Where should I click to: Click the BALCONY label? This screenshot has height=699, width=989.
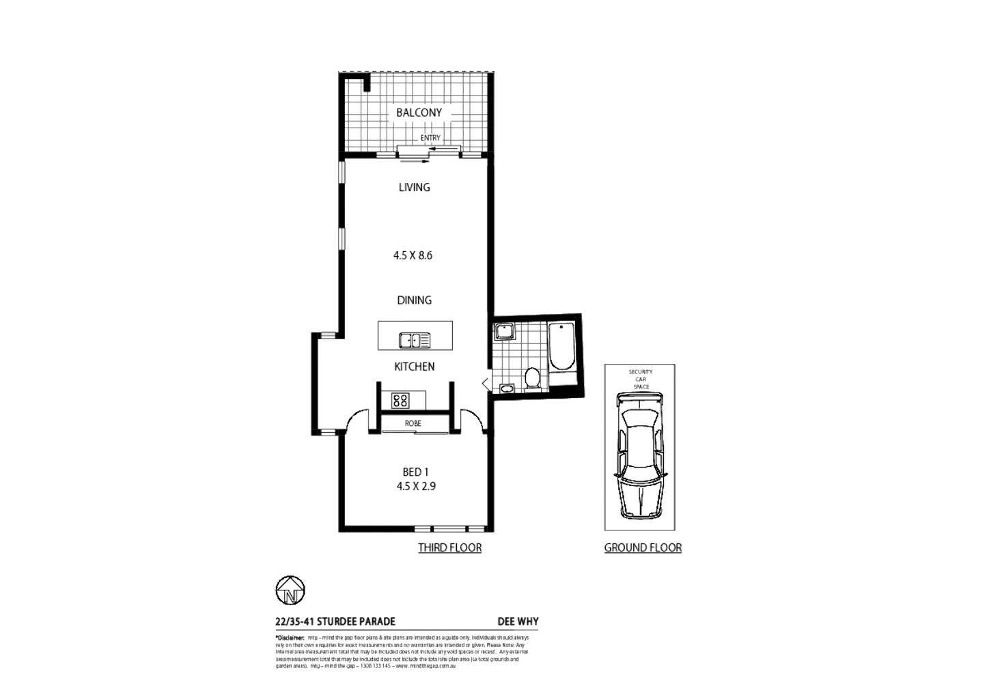(419, 113)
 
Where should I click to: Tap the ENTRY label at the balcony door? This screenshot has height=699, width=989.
(430, 138)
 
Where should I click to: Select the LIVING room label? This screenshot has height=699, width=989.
(415, 187)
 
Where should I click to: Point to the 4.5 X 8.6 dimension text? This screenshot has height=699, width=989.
(413, 255)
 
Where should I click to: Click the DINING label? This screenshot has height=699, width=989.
(415, 300)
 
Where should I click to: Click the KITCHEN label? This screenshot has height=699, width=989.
(415, 367)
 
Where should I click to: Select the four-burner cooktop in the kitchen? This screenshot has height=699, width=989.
(400, 400)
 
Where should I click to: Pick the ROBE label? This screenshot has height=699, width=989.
(413, 423)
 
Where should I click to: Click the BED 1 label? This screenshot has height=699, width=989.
(415, 472)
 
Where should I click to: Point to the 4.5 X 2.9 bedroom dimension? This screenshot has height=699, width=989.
(416, 486)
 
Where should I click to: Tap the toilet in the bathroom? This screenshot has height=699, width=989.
(532, 377)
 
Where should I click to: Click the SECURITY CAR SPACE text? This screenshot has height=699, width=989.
(641, 380)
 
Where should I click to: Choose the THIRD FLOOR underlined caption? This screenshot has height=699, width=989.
(449, 547)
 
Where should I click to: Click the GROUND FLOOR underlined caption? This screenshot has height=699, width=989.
(643, 547)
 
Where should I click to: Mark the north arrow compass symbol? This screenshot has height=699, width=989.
(290, 590)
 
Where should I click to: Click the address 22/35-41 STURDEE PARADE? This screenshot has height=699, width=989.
(335, 621)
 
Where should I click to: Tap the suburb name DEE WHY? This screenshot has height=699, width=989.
(518, 621)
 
